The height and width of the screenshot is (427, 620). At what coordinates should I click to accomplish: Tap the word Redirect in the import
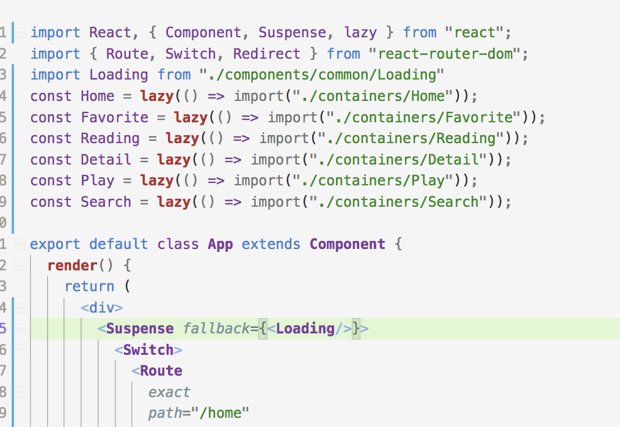point(266,54)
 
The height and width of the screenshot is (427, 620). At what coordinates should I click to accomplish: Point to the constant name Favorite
point(114,117)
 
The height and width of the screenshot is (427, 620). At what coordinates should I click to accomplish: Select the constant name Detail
point(106,160)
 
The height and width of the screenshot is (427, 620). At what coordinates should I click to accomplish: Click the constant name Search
point(106,202)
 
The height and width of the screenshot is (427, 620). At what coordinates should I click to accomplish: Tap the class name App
point(220,244)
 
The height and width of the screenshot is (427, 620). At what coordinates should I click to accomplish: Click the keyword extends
point(271,244)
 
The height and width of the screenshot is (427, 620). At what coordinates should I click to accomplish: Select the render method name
point(72,265)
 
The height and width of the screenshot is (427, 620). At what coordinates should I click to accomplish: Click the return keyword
point(89,286)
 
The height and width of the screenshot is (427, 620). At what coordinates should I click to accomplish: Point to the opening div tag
point(102,308)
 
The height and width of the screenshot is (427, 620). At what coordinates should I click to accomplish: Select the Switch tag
point(148,350)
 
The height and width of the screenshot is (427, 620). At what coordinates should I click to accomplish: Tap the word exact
point(169,392)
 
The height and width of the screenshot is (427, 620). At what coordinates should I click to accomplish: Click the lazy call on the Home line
point(156,96)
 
